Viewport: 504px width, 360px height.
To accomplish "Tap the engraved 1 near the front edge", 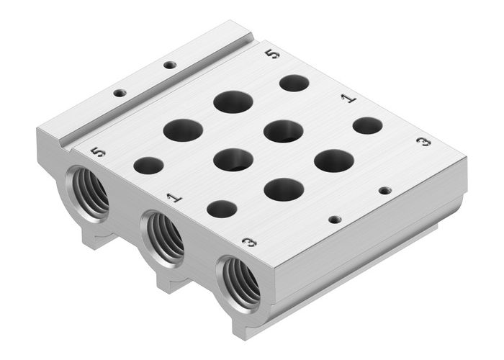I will click(x=173, y=196).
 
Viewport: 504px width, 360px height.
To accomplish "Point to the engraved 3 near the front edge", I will click(x=248, y=242).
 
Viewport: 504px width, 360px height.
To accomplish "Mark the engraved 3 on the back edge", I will click(x=425, y=142).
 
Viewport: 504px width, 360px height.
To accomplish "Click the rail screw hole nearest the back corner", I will click(x=169, y=66).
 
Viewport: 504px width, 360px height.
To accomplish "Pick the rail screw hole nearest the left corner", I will click(x=120, y=93).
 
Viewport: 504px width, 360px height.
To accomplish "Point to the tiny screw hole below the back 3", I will click(x=384, y=192).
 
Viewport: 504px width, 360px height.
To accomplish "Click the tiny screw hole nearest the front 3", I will click(x=333, y=219).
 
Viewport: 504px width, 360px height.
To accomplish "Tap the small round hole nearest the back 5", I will click(x=294, y=83).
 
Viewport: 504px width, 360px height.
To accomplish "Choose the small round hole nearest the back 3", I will click(x=368, y=125).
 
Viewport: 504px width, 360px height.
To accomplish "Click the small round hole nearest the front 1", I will click(x=222, y=210).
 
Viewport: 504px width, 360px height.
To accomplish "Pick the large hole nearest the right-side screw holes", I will click(x=333, y=161).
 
